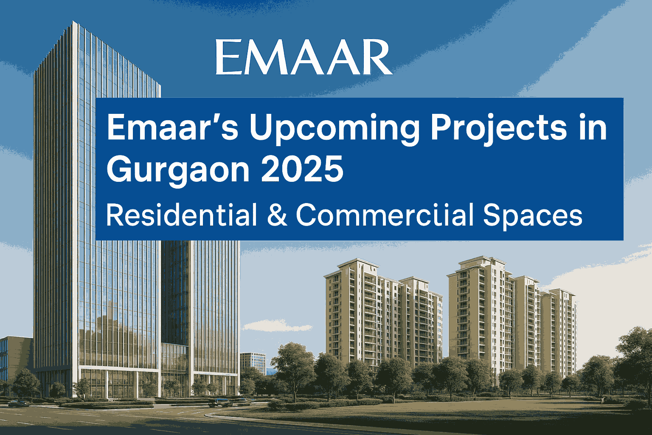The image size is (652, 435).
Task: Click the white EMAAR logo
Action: coord(303,57)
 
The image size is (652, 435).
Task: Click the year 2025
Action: coord(302,169)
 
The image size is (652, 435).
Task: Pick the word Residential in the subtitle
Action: coord(181,215)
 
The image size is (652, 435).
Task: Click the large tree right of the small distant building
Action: coord(293,365)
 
